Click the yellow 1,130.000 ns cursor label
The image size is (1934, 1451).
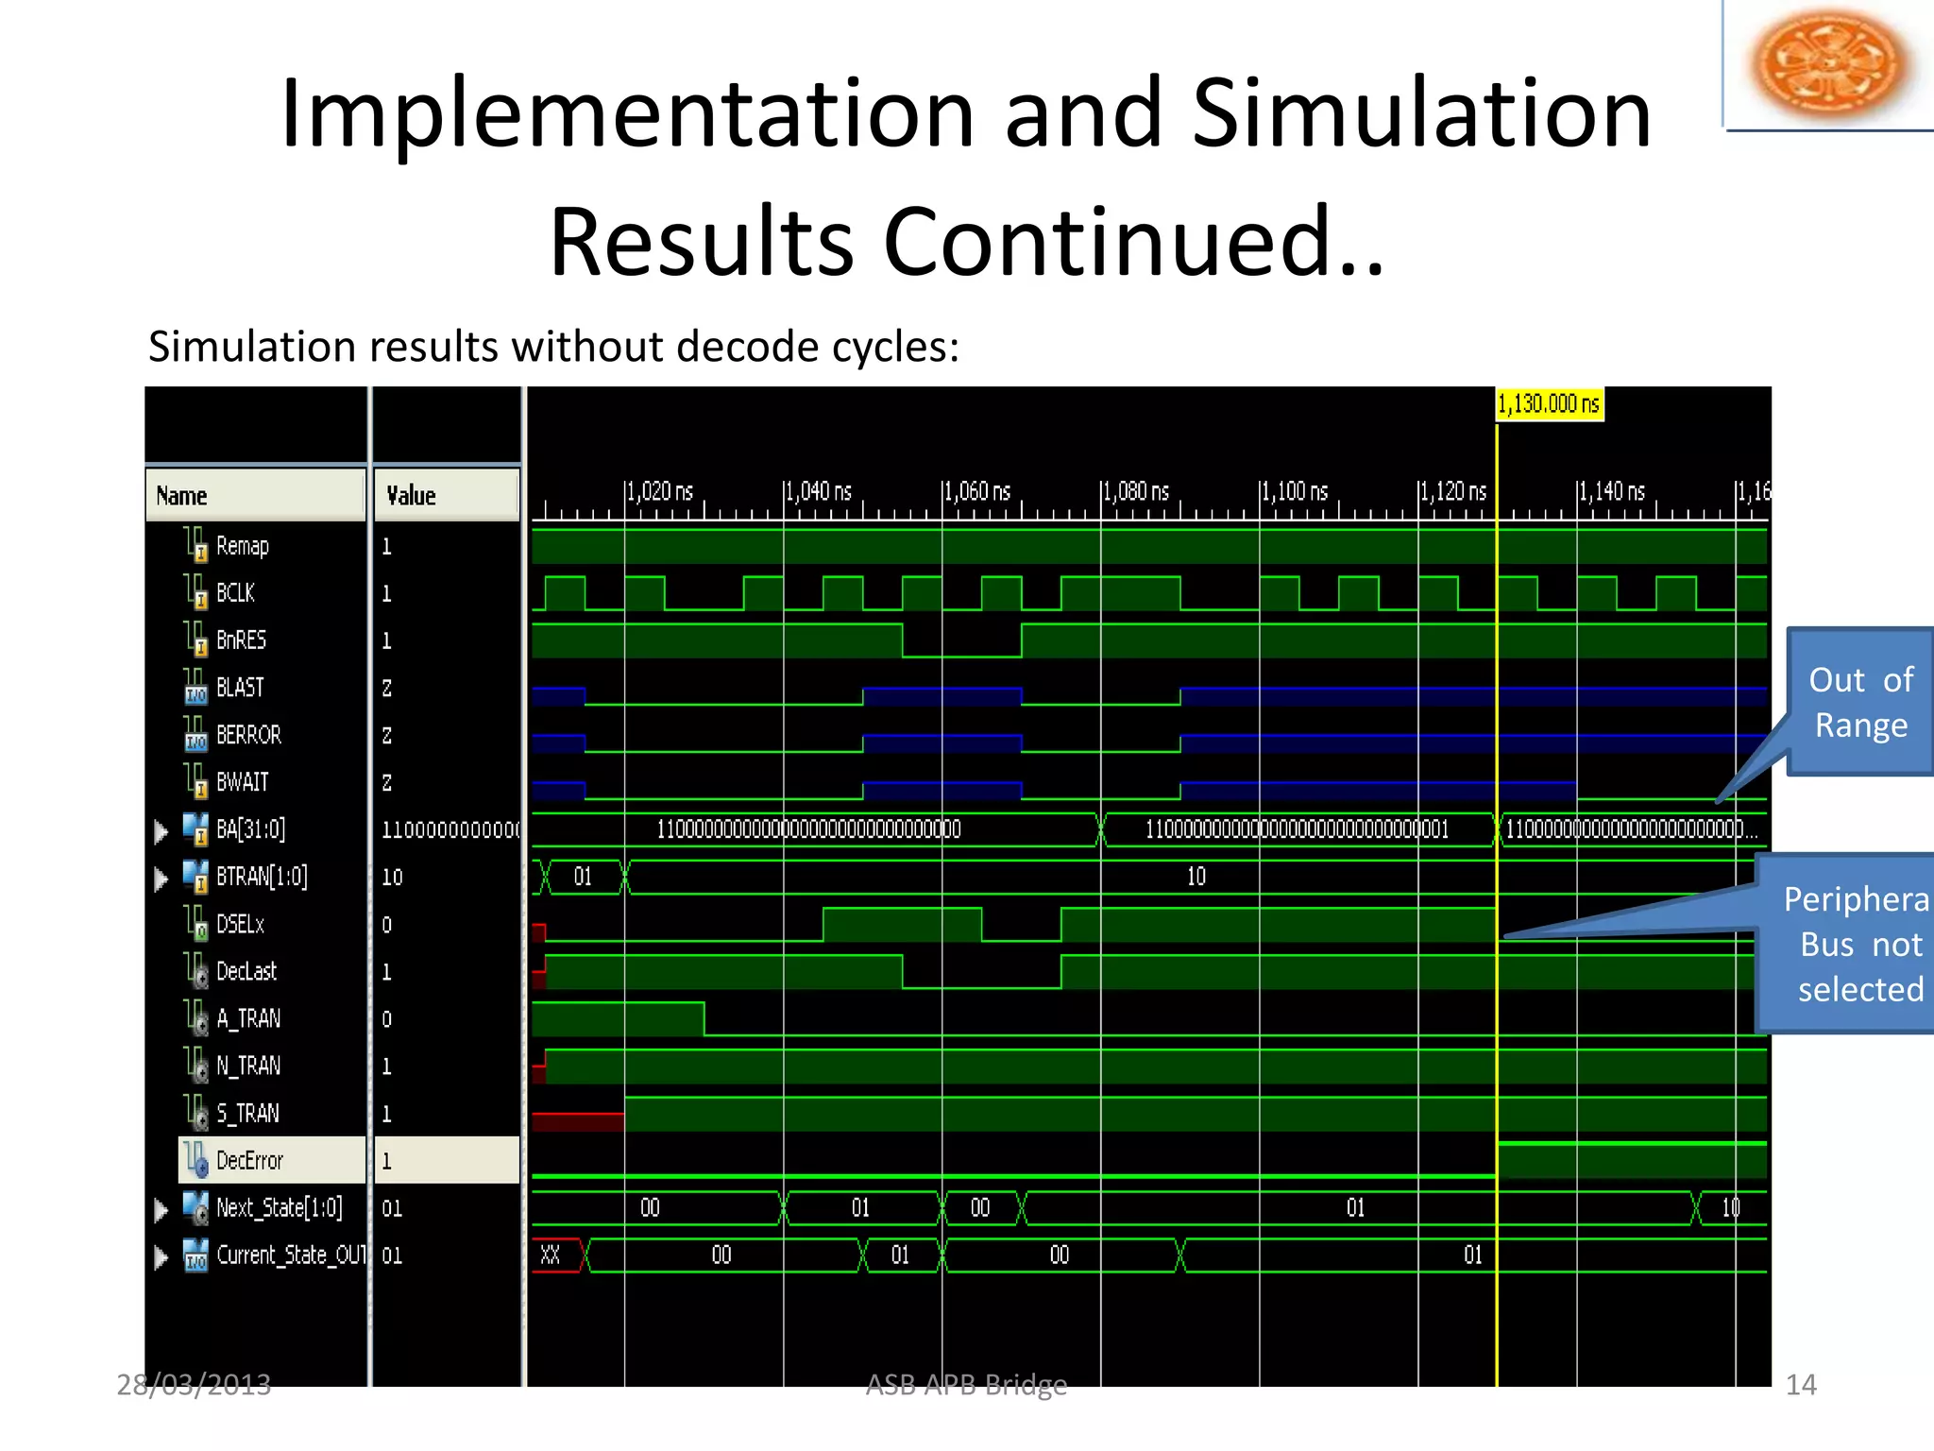tap(1549, 404)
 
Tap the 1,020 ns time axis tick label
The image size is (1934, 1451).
tap(659, 492)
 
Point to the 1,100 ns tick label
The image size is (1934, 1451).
tap(1294, 492)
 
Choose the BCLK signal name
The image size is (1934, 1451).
tap(235, 593)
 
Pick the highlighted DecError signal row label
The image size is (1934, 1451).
tap(249, 1161)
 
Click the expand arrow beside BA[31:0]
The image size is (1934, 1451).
tap(161, 831)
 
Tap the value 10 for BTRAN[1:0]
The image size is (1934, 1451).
tap(392, 878)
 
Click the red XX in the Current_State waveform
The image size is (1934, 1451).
tap(551, 1255)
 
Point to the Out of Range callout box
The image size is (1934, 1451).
tap(1858, 703)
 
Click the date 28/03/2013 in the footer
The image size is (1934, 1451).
tap(194, 1385)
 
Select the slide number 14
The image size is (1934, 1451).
tap(1800, 1385)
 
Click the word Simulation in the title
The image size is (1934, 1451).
tap(1421, 113)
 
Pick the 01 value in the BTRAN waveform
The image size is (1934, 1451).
tap(583, 878)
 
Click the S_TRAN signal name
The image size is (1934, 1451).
tap(247, 1114)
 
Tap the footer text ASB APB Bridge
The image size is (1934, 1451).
tap(966, 1385)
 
